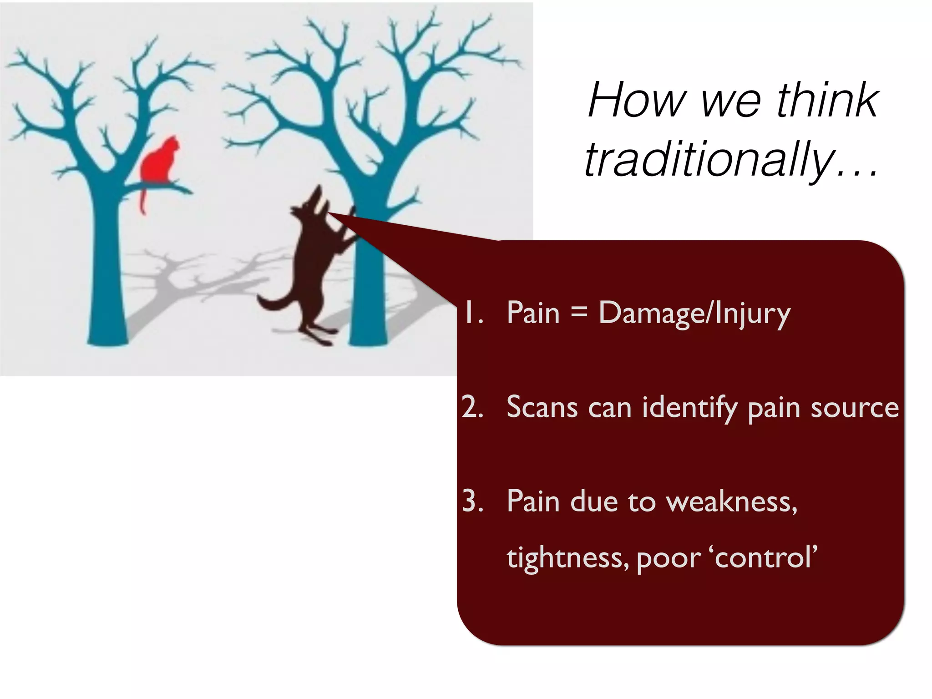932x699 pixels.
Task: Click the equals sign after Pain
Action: click(579, 312)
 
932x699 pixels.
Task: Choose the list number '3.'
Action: click(472, 501)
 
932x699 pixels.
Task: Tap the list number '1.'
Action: click(472, 313)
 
